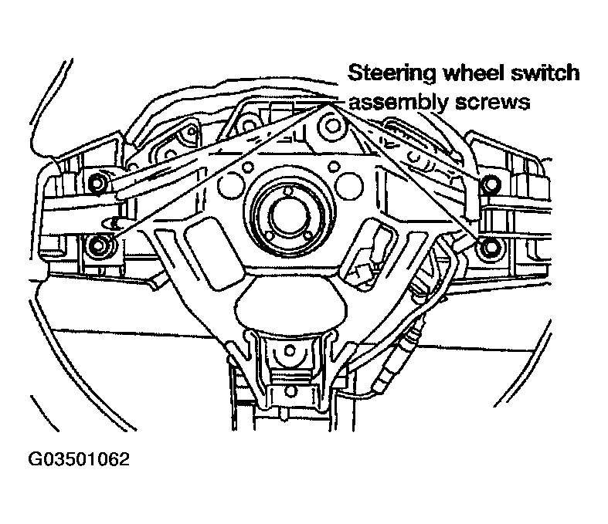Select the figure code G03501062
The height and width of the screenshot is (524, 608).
coord(79,460)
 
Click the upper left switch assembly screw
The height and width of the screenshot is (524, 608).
coord(97,182)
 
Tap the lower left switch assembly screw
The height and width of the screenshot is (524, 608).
coord(97,245)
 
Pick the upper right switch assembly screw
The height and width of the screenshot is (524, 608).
coord(491,183)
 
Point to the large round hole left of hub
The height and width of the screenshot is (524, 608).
coord(232,185)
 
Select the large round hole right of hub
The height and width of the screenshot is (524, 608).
coord(349,185)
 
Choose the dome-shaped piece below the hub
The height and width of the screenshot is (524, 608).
coord(290,306)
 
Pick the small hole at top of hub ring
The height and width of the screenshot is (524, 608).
coord(287,191)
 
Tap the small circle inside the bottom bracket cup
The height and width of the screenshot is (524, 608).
coord(290,351)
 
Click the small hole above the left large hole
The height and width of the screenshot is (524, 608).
coord(246,167)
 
